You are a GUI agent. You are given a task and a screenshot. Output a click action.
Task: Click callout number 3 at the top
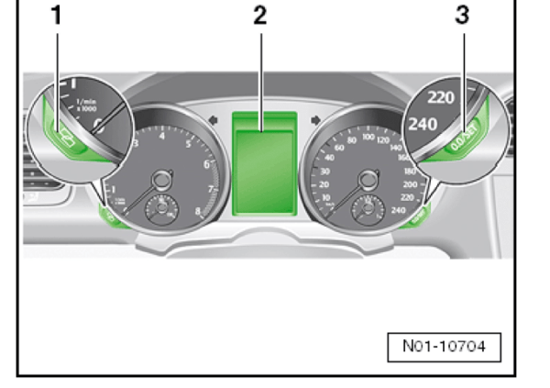462,15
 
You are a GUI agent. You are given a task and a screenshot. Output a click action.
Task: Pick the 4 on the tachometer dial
161,136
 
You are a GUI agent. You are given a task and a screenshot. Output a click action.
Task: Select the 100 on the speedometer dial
370,136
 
